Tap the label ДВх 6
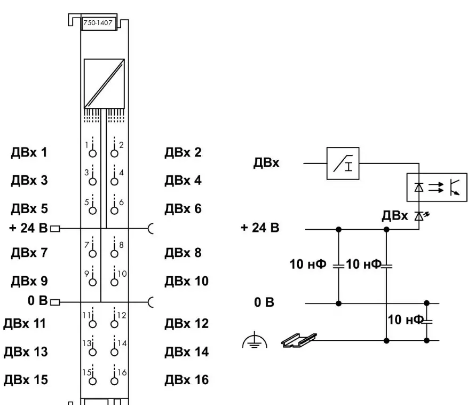(x=183, y=208)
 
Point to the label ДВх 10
(x=186, y=281)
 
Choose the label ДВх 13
(x=26, y=352)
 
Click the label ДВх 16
(x=186, y=380)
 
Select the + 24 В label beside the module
(x=29, y=229)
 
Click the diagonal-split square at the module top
(x=104, y=83)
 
